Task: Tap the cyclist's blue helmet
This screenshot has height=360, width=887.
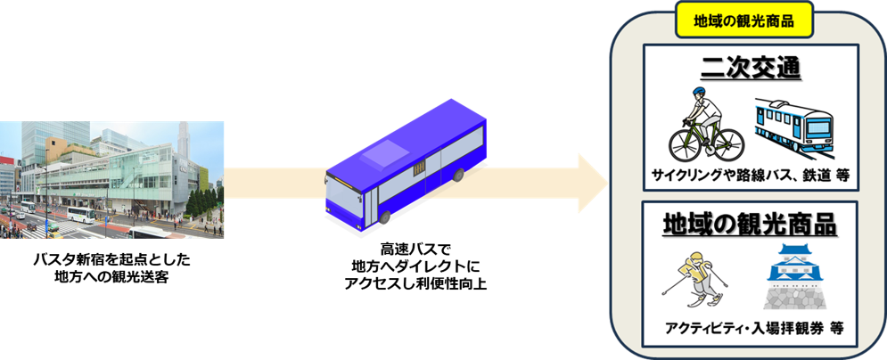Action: pyautogui.click(x=695, y=93)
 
